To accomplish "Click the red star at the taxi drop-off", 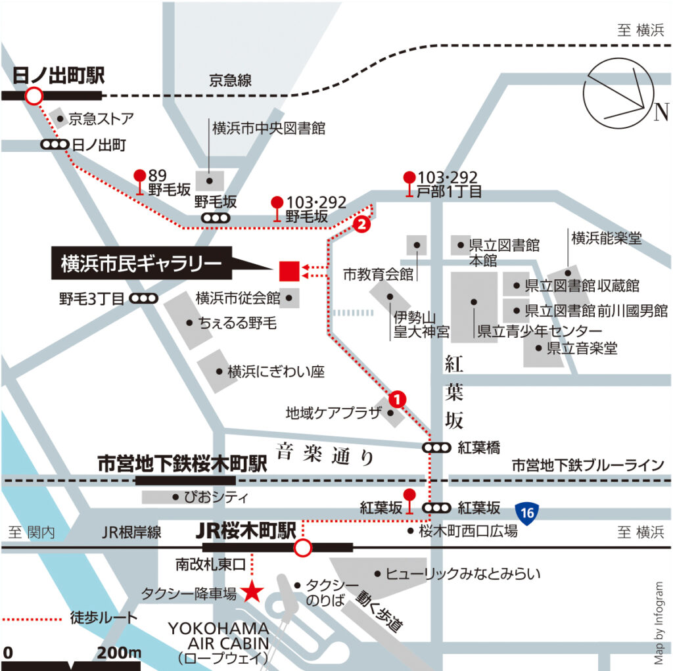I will pos(251,592).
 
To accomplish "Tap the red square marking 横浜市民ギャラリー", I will pos(289,270).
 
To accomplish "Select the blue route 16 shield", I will pos(524,511).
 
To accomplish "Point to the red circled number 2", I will pos(360,224).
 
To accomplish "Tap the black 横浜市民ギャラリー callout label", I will pos(141,264).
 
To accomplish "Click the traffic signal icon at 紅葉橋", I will pos(436,448).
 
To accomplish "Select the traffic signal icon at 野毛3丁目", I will pos(144,299).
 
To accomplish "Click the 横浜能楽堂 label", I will pos(606,237).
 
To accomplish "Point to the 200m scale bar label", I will pos(120,653).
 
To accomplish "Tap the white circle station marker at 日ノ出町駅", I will pos(33,97).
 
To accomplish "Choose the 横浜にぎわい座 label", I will pos(276,372).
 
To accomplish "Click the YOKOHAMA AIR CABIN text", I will pos(219,635).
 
